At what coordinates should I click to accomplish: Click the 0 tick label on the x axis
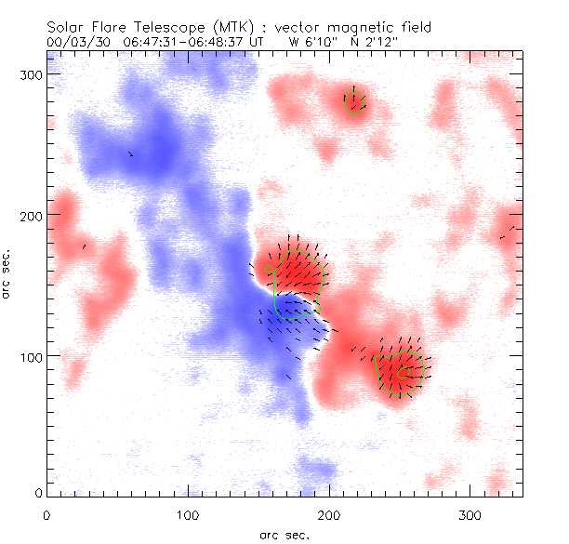46,514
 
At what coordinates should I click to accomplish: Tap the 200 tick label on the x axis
329,514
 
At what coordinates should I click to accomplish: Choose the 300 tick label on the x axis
470,514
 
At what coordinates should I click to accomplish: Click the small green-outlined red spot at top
354,101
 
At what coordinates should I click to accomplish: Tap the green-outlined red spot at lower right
401,370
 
